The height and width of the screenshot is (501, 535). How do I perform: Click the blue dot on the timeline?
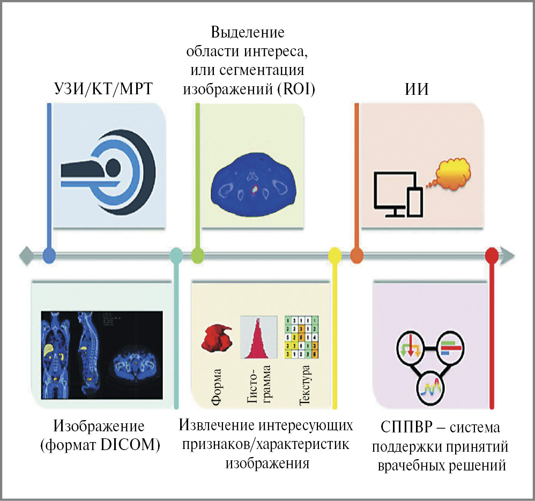pyautogui.click(x=49, y=256)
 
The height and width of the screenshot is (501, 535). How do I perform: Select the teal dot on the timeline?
pyautogui.click(x=175, y=256)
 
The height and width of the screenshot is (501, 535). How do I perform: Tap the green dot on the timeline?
pyautogui.click(x=197, y=256)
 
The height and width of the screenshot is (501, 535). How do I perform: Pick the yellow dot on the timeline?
pyautogui.click(x=335, y=256)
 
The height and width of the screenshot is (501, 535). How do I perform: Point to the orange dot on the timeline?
pyautogui.click(x=356, y=256)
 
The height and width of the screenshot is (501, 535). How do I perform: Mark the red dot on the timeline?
pyautogui.click(x=492, y=256)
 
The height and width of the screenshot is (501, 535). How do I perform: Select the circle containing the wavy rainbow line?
pyautogui.click(x=433, y=385)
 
